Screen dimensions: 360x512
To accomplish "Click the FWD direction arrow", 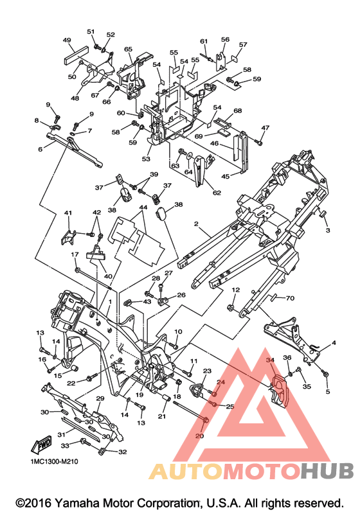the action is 42,444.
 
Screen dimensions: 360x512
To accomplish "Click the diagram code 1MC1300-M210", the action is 55,461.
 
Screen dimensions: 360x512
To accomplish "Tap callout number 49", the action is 67,40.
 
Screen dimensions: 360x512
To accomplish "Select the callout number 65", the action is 128,49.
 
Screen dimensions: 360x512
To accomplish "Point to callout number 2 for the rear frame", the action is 196,224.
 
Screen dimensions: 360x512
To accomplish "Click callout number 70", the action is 290,298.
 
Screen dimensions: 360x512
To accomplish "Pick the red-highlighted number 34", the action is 270,360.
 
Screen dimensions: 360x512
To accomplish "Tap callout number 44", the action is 143,207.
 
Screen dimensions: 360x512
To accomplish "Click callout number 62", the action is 217,193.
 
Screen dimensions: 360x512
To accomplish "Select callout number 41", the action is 67,213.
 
